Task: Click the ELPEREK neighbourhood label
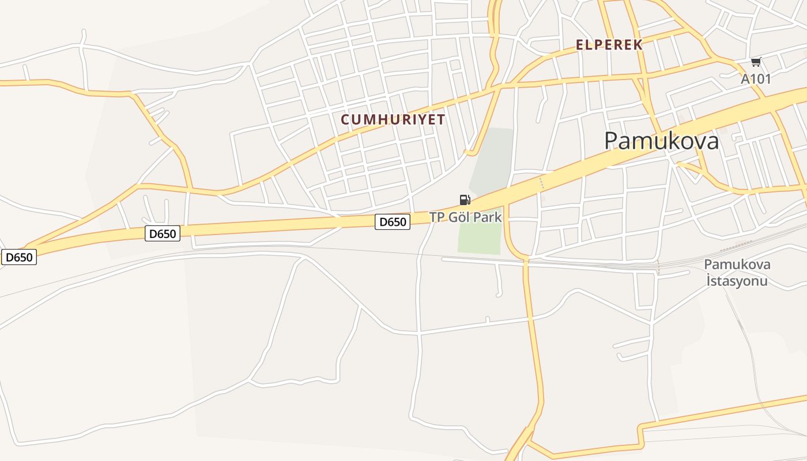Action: [609, 45]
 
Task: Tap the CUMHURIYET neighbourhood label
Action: [393, 119]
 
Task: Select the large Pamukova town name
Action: [661, 141]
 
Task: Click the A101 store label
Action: [755, 79]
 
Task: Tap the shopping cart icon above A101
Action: [756, 62]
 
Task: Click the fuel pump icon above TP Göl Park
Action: [465, 200]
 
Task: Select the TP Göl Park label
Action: [465, 217]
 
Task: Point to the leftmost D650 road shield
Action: [19, 257]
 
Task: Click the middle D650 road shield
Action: [163, 233]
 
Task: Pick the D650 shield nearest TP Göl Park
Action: [393, 221]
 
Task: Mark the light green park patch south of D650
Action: [480, 237]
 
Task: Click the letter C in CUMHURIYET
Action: [345, 120]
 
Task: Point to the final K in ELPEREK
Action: [638, 45]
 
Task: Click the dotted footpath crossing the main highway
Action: [541, 183]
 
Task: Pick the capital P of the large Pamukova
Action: [612, 141]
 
